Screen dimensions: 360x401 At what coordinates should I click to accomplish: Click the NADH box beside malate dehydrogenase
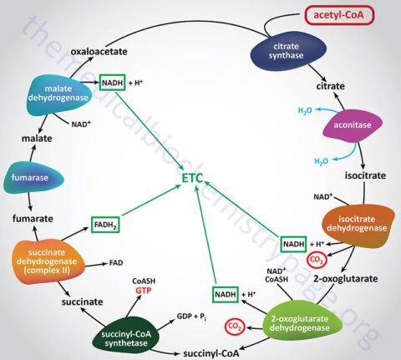[113, 83]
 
